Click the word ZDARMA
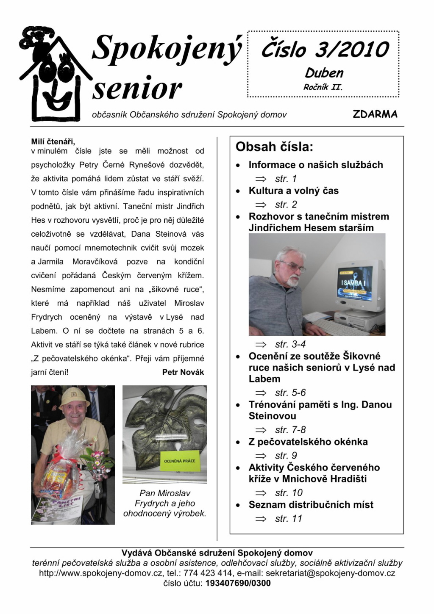(x=375, y=114)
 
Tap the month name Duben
(x=324, y=73)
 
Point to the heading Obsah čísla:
(x=274, y=147)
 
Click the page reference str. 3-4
(x=290, y=344)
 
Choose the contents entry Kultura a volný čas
(x=293, y=191)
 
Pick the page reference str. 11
(x=288, y=518)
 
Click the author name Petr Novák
(x=183, y=372)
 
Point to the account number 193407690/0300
(x=238, y=583)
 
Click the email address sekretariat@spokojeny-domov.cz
(x=330, y=573)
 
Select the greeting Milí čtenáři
(x=53, y=141)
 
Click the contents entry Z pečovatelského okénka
(x=308, y=442)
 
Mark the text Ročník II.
(x=323, y=88)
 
